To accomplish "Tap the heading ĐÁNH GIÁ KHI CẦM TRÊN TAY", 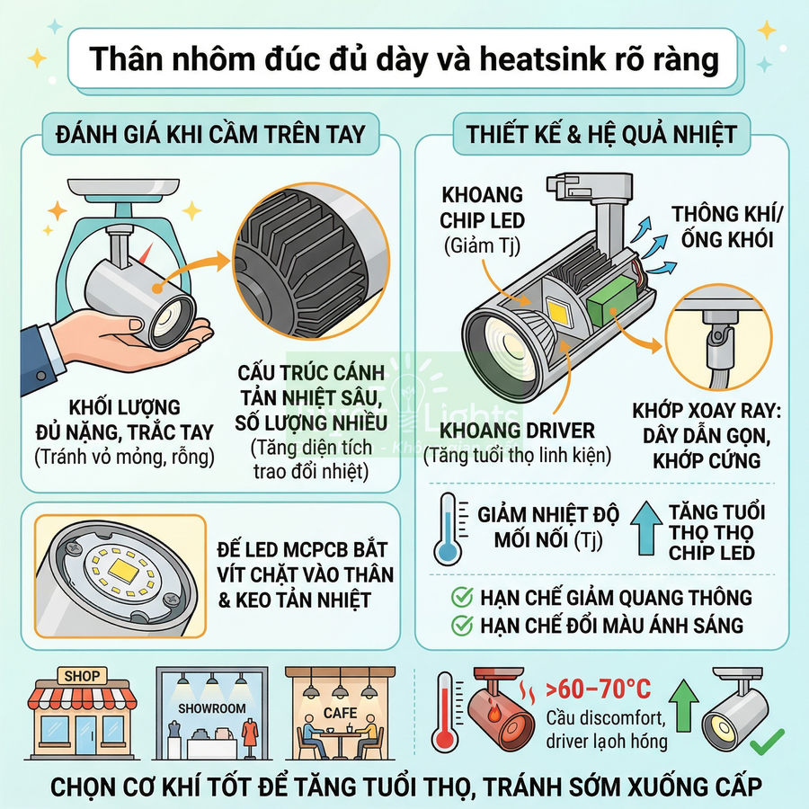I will tap(209, 135).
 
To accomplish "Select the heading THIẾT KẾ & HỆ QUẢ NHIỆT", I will tap(601, 135).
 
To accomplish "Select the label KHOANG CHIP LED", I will tap(482, 208).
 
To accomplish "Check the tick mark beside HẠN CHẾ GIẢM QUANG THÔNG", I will tap(462, 598).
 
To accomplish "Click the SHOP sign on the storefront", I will tap(81, 675).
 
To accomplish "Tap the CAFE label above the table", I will tap(339, 713).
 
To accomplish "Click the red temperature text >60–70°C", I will tap(600, 689).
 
